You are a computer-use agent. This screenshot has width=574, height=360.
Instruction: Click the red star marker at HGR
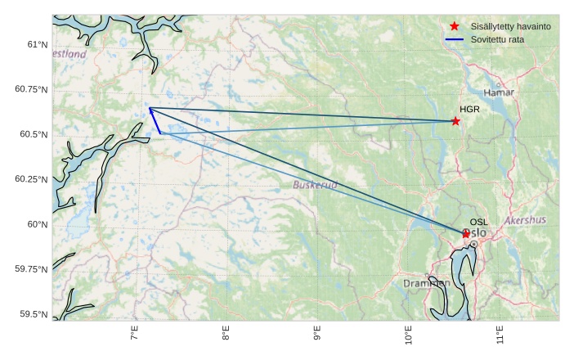(x=455, y=121)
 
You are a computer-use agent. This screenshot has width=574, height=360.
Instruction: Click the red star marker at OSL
(x=466, y=234)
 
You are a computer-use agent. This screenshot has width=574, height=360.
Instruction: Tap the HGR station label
(x=469, y=109)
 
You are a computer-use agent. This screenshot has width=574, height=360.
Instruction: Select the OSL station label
(x=478, y=222)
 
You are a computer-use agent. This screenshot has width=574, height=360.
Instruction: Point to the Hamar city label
(x=499, y=92)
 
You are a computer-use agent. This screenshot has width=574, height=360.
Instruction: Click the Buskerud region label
(x=315, y=185)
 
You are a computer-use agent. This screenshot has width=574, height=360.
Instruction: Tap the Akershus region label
(x=525, y=220)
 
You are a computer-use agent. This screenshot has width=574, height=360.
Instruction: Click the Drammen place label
(x=426, y=283)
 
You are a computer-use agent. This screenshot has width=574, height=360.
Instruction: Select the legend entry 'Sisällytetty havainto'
(x=511, y=26)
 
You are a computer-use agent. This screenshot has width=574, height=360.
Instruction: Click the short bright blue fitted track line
(x=155, y=120)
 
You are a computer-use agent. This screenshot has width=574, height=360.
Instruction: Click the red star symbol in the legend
(x=455, y=26)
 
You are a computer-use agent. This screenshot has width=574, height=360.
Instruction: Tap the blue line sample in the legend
(x=455, y=39)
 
